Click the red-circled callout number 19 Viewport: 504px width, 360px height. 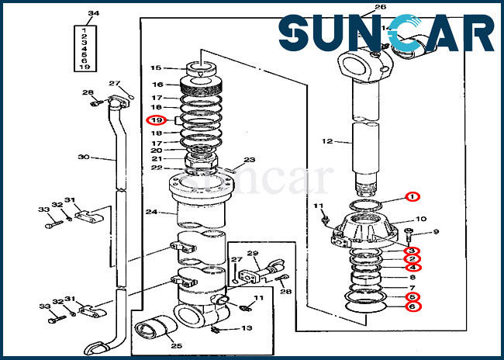pyautogui.click(x=156, y=120)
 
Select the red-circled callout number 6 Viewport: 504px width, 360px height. pyautogui.click(x=413, y=307)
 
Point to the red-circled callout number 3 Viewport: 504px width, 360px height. pyautogui.click(x=413, y=250)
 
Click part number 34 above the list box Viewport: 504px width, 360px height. pyautogui.click(x=94, y=13)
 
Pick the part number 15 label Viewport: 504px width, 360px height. pyautogui.click(x=155, y=68)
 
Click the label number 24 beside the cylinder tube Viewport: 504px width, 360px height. pyautogui.click(x=151, y=212)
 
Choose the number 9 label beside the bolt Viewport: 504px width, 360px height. pyautogui.click(x=436, y=231)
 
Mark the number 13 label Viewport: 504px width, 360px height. pyautogui.click(x=246, y=328)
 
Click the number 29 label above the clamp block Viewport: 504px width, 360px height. pyautogui.click(x=252, y=254)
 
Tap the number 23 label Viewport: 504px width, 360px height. pyautogui.click(x=250, y=161)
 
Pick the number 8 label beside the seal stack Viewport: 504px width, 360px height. pyautogui.click(x=413, y=277)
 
